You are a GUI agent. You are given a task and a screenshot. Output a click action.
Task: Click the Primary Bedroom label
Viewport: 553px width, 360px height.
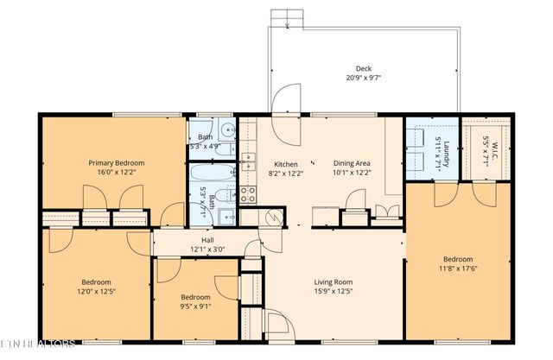click(x=117, y=162)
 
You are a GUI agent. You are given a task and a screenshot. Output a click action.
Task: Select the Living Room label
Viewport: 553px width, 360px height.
click(x=333, y=281)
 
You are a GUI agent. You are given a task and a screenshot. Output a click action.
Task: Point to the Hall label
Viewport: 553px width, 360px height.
click(x=207, y=240)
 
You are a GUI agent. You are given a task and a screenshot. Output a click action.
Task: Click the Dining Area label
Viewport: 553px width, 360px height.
click(x=352, y=163)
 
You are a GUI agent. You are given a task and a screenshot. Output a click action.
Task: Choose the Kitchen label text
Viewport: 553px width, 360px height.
click(x=285, y=164)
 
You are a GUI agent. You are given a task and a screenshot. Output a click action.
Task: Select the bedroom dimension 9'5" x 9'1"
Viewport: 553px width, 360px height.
click(x=195, y=304)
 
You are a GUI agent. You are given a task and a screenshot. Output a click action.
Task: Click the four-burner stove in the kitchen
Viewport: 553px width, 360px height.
click(x=247, y=193)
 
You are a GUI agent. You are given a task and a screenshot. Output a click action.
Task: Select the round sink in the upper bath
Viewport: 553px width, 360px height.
click(x=226, y=131)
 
